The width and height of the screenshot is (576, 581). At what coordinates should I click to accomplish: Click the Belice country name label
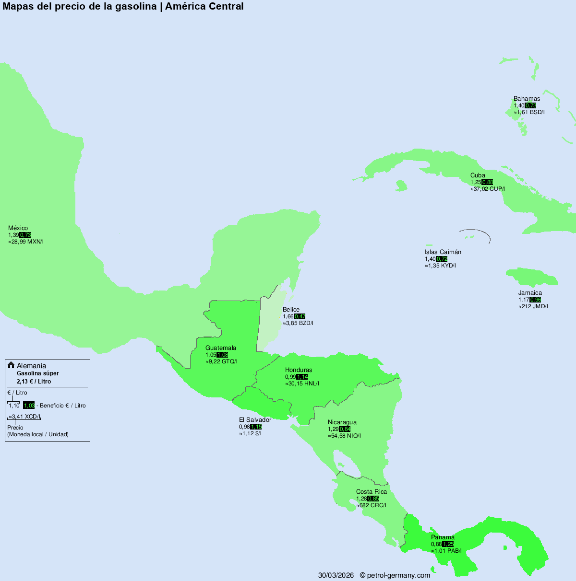(x=291, y=310)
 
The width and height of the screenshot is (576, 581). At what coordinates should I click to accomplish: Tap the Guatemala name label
(x=221, y=348)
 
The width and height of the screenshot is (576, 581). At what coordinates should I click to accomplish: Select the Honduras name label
(x=299, y=370)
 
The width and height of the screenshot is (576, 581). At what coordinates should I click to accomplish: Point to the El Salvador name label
(x=255, y=420)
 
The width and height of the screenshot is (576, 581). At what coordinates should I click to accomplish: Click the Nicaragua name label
(x=342, y=422)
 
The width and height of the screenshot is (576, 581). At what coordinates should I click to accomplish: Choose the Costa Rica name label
(x=372, y=492)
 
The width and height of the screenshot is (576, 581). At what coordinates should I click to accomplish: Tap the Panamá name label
(x=443, y=537)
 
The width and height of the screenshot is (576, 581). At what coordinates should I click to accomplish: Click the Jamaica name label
(x=530, y=293)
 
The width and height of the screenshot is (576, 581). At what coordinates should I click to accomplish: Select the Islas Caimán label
(x=443, y=252)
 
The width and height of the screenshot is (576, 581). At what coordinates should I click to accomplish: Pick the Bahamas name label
(x=527, y=99)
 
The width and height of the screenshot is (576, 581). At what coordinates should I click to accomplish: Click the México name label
(x=18, y=228)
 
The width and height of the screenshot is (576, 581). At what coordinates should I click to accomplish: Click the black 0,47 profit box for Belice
(x=300, y=316)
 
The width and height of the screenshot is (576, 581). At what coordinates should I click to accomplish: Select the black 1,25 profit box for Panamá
(x=448, y=544)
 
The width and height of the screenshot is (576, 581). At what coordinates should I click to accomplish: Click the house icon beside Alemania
(x=11, y=365)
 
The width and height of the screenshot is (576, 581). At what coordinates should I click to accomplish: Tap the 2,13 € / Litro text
(x=34, y=382)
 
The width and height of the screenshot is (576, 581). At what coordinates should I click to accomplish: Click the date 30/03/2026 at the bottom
(x=336, y=575)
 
